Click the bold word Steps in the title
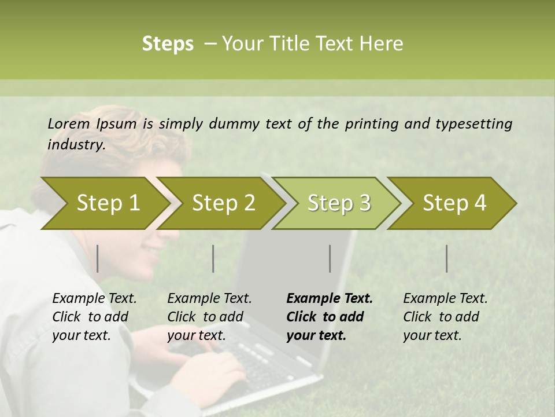point(168,44)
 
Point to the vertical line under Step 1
point(98,258)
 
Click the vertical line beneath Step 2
point(213,258)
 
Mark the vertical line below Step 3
point(330,258)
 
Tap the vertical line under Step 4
point(447,258)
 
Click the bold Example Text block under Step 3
point(330,317)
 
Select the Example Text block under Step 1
point(94,317)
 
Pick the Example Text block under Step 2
point(209,317)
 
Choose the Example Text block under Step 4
point(445,317)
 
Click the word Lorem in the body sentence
point(68,123)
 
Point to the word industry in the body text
point(76,145)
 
